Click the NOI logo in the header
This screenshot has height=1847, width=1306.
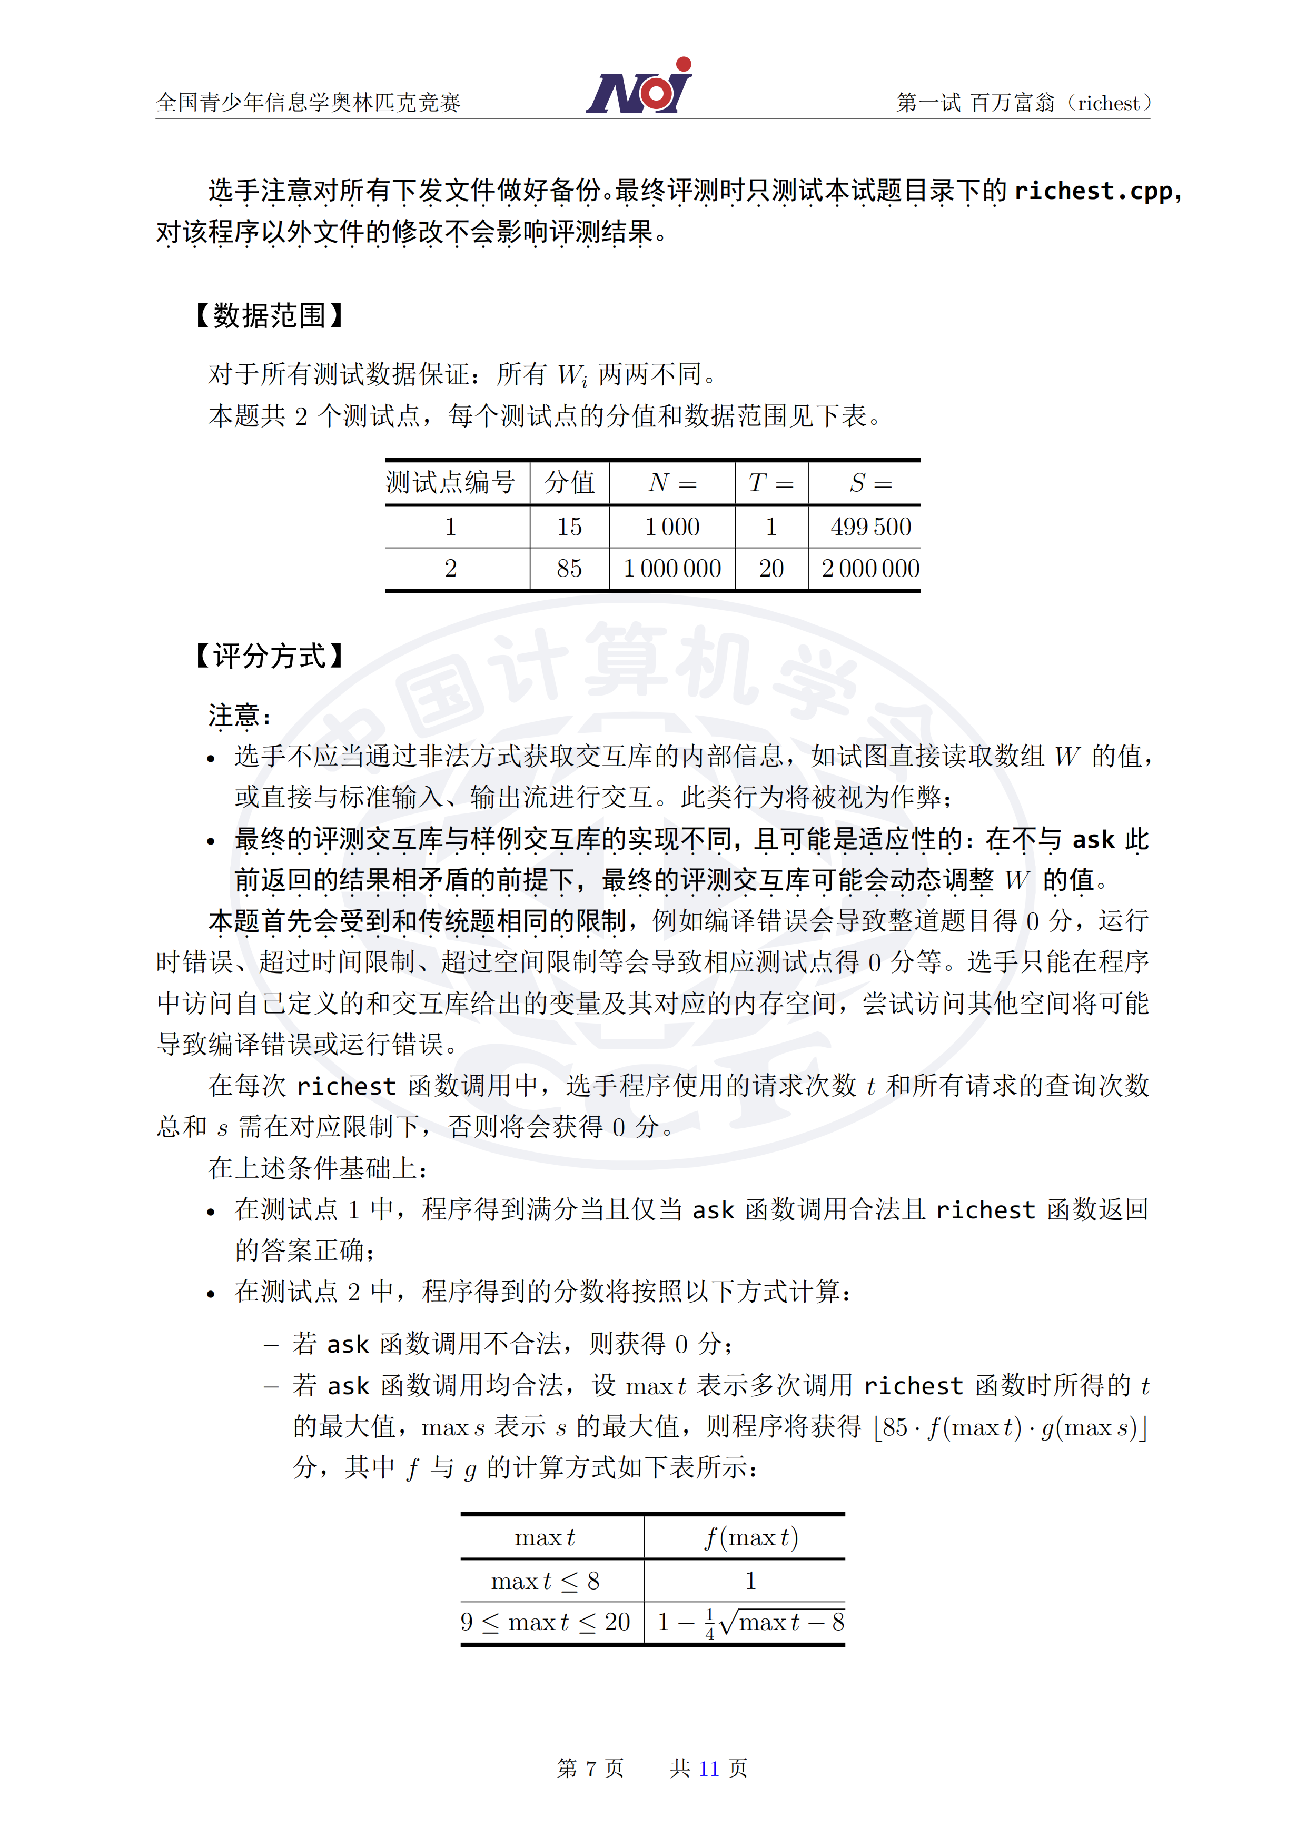[639, 87]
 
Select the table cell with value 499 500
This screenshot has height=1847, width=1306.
[870, 527]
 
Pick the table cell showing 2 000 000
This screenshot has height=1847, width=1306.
[870, 569]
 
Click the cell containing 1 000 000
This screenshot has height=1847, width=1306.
[672, 569]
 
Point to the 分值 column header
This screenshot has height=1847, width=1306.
[570, 483]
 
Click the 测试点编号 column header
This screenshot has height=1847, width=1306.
[451, 483]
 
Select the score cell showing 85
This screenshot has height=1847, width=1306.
[570, 569]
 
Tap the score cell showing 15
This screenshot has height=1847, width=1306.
[570, 527]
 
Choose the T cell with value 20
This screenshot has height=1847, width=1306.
[771, 569]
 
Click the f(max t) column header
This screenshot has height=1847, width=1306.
[751, 1537]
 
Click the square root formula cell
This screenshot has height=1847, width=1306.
[751, 1622]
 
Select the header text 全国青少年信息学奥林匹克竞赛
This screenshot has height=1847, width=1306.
[308, 102]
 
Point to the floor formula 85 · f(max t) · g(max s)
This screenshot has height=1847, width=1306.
[1010, 1427]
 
